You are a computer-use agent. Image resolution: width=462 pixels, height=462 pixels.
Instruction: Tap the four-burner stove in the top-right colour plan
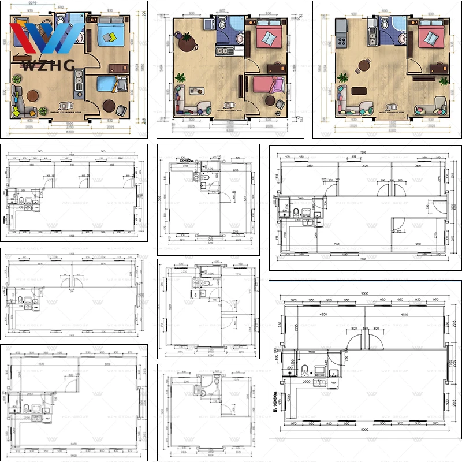pos(341,42)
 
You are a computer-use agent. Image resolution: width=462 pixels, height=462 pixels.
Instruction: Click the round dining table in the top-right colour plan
pos(364,65)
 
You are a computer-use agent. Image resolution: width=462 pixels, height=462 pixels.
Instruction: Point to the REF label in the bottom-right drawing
pos(334,382)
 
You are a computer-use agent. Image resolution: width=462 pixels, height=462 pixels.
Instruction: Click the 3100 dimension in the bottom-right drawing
pos(311,352)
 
